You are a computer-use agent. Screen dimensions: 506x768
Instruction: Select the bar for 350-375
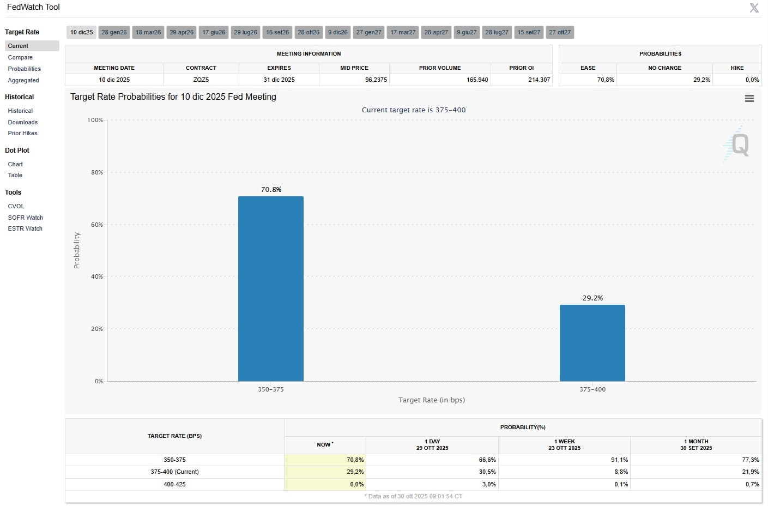click(x=270, y=289)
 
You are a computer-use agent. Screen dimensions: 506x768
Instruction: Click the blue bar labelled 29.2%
click(x=592, y=343)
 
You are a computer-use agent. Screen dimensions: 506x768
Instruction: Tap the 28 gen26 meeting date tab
click(x=114, y=32)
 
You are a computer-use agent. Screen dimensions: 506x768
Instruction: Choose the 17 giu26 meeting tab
click(x=214, y=32)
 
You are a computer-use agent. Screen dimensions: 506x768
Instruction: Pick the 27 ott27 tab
click(x=560, y=32)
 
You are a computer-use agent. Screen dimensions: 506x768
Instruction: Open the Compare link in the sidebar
click(x=20, y=57)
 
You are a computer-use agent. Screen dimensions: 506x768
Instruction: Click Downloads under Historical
click(x=23, y=122)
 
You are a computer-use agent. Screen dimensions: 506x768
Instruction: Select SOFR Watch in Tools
click(x=25, y=218)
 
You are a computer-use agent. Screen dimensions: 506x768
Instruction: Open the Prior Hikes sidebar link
click(x=22, y=133)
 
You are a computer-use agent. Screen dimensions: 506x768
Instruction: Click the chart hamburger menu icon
click(x=749, y=98)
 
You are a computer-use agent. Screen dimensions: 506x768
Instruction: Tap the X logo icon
click(x=754, y=8)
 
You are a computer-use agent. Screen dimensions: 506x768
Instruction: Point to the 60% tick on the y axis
click(x=96, y=225)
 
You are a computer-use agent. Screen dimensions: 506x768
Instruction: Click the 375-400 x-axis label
click(x=592, y=389)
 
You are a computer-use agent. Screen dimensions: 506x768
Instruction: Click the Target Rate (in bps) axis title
click(x=431, y=400)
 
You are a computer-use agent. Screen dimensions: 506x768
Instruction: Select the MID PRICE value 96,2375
click(x=376, y=80)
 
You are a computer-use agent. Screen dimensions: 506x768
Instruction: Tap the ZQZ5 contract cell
click(x=201, y=80)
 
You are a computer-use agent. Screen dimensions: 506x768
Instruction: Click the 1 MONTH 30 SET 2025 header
click(x=696, y=444)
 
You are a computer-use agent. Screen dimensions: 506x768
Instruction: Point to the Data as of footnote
click(x=413, y=496)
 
